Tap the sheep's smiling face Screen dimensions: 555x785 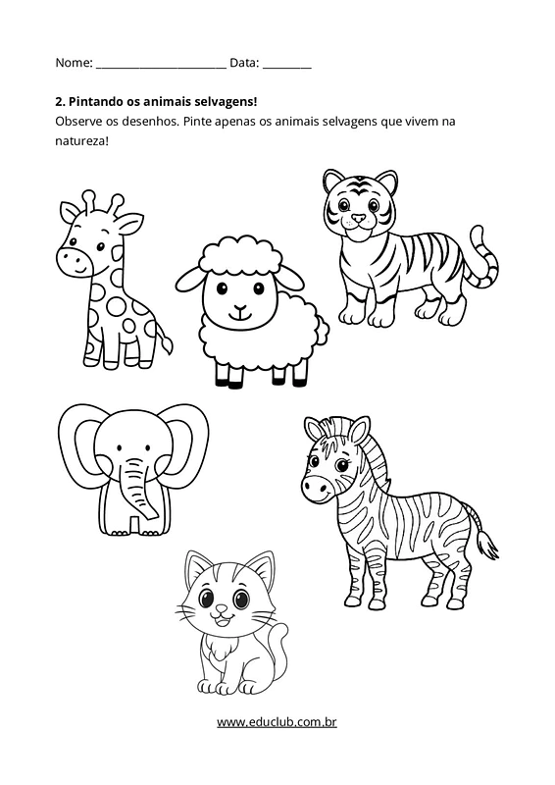(x=239, y=300)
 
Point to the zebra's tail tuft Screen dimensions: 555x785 (x=486, y=545)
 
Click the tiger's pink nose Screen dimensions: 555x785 (x=358, y=218)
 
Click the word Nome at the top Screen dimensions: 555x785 (x=74, y=63)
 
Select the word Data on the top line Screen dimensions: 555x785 (x=244, y=63)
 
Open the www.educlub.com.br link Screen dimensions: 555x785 (x=277, y=722)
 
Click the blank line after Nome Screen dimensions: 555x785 (x=161, y=68)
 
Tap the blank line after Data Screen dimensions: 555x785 (x=286, y=68)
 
